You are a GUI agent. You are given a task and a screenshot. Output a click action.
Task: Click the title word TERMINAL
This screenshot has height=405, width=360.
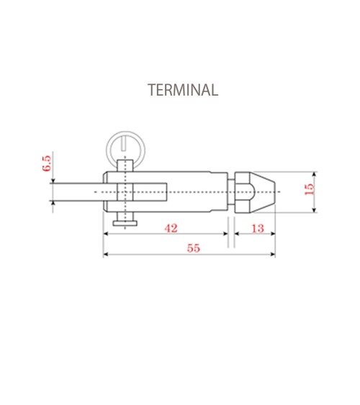click(x=182, y=91)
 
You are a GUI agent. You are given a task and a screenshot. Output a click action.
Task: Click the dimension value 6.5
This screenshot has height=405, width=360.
click(x=47, y=163)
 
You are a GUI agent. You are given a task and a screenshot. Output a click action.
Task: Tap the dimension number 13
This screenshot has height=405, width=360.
click(x=257, y=228)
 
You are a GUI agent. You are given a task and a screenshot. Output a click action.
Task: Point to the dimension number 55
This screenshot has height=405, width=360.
click(x=193, y=248)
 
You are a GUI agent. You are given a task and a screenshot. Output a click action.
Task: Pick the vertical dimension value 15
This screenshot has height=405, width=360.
click(x=310, y=190)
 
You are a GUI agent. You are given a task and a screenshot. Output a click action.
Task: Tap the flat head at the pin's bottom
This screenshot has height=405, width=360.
click(x=127, y=224)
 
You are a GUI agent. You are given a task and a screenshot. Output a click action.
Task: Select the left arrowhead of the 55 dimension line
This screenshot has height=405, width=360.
click(x=106, y=255)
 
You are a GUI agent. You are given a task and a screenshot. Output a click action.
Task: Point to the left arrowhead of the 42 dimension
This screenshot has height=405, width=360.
click(x=106, y=234)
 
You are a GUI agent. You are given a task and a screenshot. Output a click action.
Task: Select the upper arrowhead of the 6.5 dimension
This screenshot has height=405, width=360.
click(x=53, y=178)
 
